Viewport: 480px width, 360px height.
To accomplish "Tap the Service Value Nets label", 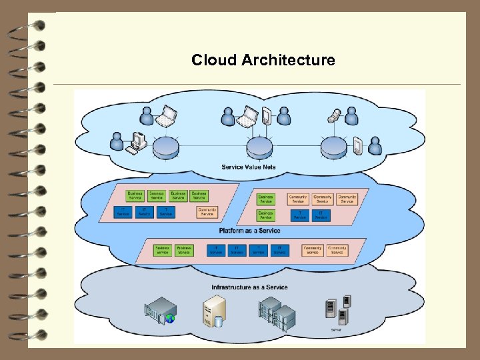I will [x=249, y=167].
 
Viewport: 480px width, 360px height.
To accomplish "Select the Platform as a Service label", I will [x=249, y=231].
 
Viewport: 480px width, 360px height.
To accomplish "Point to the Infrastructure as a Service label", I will [x=249, y=287].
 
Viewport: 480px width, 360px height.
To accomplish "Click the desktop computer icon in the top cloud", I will [x=137, y=142].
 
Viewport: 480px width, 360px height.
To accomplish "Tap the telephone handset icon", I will [x=333, y=116].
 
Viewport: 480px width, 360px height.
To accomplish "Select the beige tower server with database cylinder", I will [x=215, y=311].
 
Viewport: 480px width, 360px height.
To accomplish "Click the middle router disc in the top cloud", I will [x=260, y=147].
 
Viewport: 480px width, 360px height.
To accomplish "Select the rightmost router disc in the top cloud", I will [x=334, y=147].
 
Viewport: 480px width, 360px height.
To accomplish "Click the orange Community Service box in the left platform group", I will [x=207, y=212].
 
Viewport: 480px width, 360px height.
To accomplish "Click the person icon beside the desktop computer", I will [x=118, y=141].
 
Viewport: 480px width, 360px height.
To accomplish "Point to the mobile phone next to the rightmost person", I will [x=358, y=145].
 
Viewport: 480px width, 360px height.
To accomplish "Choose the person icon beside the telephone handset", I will [x=351, y=117].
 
